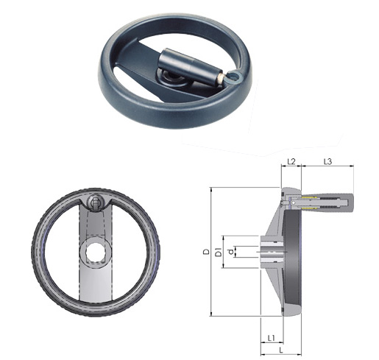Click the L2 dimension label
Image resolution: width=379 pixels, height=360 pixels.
291,161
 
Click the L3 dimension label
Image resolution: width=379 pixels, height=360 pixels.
327,161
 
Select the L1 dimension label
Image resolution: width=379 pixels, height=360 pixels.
271,338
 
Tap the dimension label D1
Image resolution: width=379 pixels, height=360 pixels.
218,252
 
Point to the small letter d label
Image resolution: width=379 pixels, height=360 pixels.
230,252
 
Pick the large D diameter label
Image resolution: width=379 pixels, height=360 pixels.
207,252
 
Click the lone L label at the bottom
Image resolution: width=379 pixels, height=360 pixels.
281,350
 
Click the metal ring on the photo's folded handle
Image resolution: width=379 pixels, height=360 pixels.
234,77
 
